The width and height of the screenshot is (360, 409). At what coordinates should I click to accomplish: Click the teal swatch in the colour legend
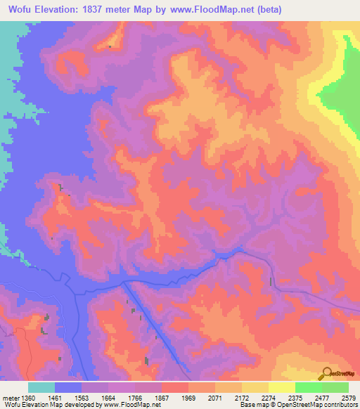(x=41, y=387)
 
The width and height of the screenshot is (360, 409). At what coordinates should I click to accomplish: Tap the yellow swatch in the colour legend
(x=281, y=387)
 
